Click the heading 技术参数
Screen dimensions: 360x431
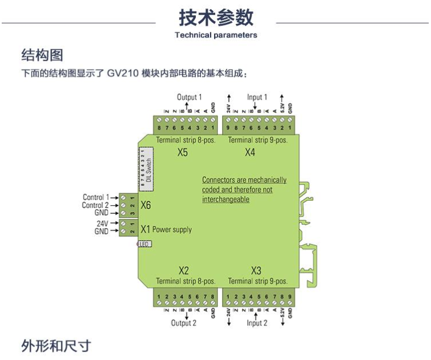tap(216, 18)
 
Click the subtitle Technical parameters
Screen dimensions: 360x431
tap(216, 35)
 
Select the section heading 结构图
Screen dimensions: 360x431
tap(42, 55)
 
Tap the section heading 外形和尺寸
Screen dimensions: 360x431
tap(56, 346)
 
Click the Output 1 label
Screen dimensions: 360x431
tap(189, 97)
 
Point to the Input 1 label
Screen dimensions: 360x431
tap(257, 97)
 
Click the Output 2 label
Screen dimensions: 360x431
tap(184, 322)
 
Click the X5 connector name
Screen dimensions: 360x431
tap(182, 152)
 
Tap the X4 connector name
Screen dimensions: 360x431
tap(250, 152)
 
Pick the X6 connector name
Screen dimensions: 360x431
tap(146, 205)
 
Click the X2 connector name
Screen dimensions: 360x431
tap(183, 270)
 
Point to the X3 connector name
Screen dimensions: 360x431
tap(256, 270)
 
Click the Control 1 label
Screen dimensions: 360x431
tap(96, 197)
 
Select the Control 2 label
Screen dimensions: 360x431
tap(96, 205)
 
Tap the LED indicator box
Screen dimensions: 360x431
tap(144, 244)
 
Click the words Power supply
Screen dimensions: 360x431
tap(172, 230)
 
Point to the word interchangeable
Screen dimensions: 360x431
tap(225, 200)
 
